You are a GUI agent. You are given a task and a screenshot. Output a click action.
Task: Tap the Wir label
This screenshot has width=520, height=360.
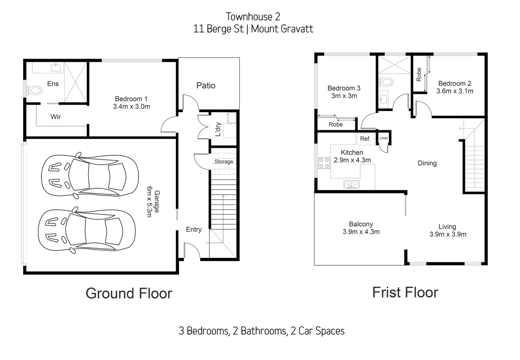tap(55, 117)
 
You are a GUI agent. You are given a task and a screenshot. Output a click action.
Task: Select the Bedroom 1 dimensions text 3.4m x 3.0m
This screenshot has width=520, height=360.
tap(131, 107)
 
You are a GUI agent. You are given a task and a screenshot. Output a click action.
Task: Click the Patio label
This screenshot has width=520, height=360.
tap(206, 86)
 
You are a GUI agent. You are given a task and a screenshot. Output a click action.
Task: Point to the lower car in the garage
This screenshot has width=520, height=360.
tap(87, 231)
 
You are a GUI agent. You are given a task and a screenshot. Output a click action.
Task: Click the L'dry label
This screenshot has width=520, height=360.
tap(218, 129)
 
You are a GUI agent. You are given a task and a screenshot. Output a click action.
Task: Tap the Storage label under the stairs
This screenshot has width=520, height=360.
tap(223, 162)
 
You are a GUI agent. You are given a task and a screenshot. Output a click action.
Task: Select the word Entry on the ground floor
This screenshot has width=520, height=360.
tap(193, 230)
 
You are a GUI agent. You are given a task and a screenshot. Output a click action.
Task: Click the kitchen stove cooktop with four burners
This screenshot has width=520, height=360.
tap(324, 163)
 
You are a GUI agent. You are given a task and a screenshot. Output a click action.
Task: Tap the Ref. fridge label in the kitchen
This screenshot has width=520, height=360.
tap(365, 139)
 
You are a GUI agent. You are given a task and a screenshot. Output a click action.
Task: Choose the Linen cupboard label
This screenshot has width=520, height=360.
tap(384, 138)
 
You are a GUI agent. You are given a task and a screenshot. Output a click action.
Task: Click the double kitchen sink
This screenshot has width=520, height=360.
tap(352, 184)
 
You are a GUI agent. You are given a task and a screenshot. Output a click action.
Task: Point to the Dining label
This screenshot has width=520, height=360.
tap(427, 163)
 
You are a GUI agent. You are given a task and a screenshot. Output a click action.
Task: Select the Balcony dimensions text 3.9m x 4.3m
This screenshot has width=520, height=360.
tap(361, 232)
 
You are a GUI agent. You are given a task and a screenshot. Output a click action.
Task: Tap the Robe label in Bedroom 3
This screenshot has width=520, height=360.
tap(336, 125)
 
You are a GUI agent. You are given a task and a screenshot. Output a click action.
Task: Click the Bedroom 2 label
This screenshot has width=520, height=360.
tap(454, 84)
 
